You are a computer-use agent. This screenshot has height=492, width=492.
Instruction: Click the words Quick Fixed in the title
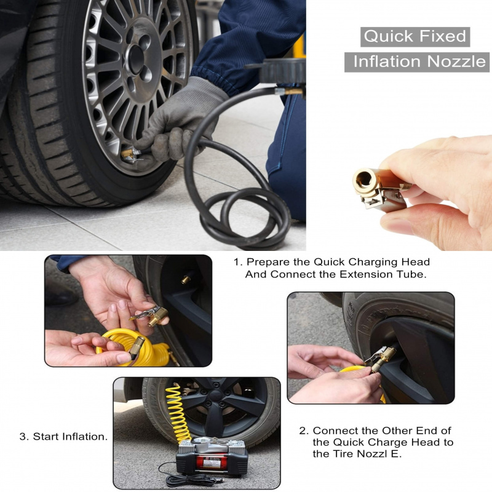pos(415,36)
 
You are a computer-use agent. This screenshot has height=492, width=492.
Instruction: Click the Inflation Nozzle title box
pos(418,61)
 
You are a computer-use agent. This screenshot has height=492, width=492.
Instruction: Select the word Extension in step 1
pos(370,274)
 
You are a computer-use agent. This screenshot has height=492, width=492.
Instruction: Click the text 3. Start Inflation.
pos(63,437)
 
